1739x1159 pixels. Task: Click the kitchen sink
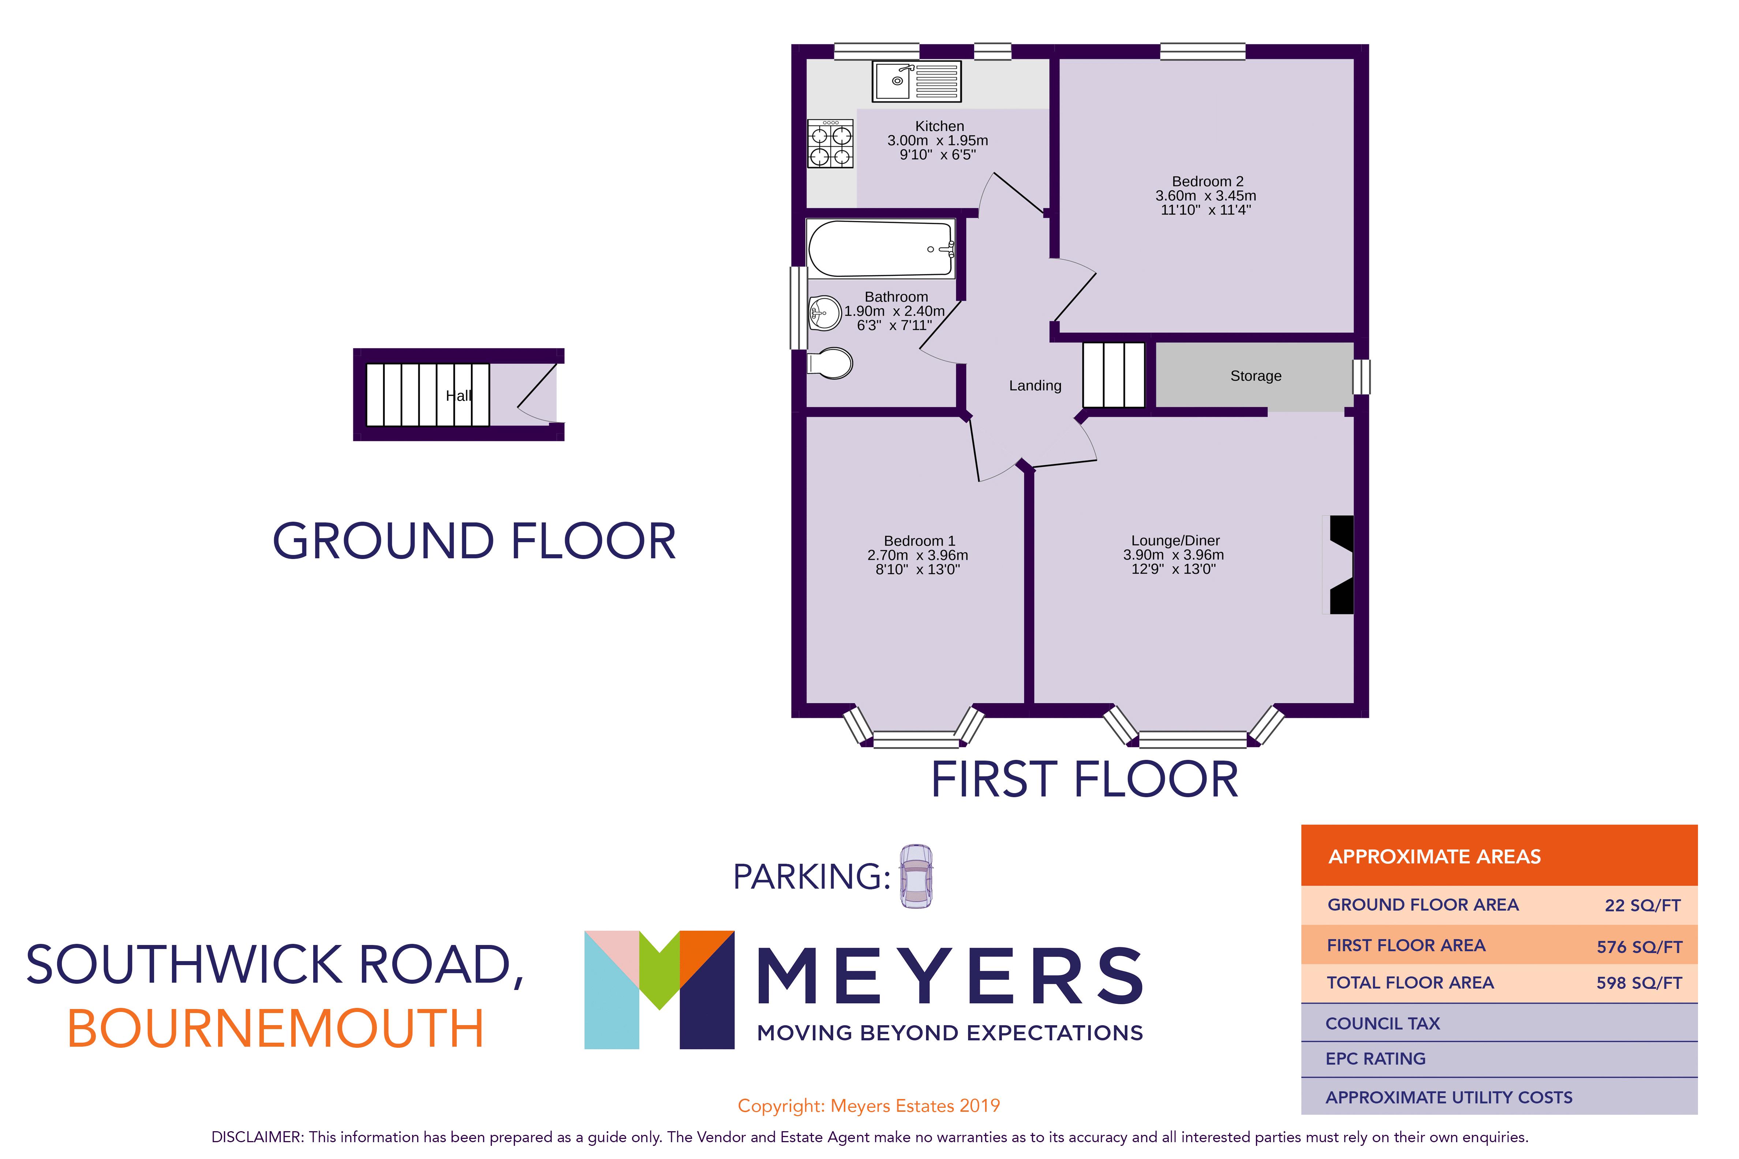[x=917, y=81]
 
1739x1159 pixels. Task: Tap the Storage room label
[x=1256, y=376]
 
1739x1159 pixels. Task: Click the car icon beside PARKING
[x=916, y=877]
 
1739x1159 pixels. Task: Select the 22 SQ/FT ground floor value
[x=1642, y=905]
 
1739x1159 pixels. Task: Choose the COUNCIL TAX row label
[x=1383, y=1024]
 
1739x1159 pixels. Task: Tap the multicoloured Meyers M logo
[x=659, y=989]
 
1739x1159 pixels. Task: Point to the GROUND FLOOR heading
[x=474, y=541]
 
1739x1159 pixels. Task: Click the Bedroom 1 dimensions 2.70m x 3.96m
[x=917, y=555]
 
